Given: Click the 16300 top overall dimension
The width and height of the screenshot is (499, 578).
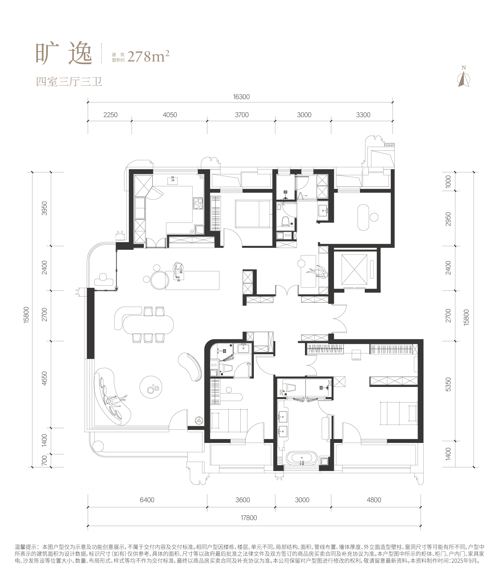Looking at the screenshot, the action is click(241, 97).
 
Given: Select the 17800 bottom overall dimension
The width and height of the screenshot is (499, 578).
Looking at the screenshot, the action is click(248, 518).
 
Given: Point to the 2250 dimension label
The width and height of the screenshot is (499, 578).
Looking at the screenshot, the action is click(110, 115).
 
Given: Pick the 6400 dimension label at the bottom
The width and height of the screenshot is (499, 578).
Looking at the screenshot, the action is click(147, 500).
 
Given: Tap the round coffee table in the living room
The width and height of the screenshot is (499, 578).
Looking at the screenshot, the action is click(151, 387).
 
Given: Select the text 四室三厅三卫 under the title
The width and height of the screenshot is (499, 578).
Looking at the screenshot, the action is click(69, 82).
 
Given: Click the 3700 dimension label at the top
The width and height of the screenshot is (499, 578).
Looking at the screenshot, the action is click(242, 115).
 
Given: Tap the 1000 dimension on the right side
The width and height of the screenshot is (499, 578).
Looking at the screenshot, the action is click(448, 181).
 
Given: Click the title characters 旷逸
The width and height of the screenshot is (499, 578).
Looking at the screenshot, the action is click(64, 54).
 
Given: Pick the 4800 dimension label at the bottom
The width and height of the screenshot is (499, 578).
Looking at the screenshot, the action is click(374, 500).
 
